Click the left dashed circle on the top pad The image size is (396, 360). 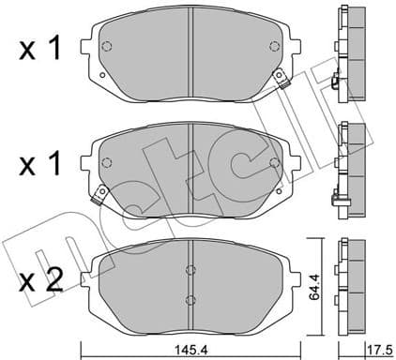pos(106,47)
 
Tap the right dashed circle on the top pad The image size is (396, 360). pos(273,47)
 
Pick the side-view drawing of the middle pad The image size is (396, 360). pos(349,167)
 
